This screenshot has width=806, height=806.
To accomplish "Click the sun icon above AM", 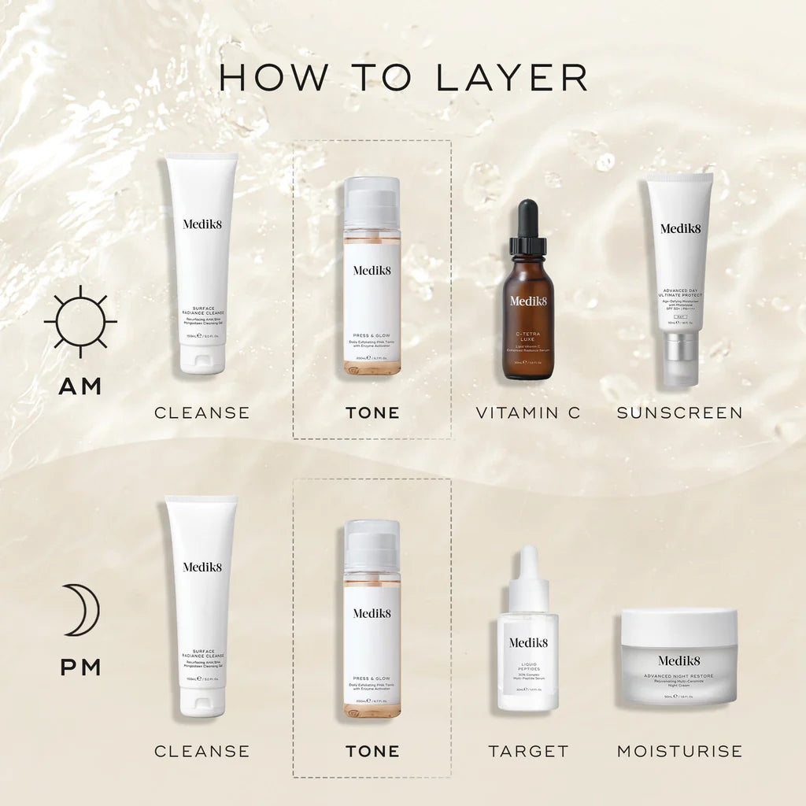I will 80,321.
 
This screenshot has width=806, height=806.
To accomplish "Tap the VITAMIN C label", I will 528,412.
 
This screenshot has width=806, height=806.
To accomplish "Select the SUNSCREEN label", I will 679,412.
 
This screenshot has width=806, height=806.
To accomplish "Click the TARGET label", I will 528,751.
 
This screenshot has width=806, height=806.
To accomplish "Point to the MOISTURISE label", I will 679,751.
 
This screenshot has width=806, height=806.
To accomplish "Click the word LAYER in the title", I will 511,77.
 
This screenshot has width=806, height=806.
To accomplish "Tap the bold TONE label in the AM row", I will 372,412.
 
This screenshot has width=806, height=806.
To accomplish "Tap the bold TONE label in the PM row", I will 372,751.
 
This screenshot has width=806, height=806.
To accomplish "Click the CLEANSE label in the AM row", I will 201,412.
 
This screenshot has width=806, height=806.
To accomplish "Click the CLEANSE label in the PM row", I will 201,751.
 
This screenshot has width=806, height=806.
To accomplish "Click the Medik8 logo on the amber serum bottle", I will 527,301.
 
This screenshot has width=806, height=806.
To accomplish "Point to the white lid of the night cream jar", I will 679,627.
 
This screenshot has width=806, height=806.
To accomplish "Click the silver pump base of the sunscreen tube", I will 679,358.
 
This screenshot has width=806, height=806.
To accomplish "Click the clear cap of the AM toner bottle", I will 372,202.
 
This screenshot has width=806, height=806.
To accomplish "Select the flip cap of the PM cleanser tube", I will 202,701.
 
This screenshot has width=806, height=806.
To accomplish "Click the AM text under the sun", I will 80,386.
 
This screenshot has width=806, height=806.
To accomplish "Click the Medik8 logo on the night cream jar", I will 679,660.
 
